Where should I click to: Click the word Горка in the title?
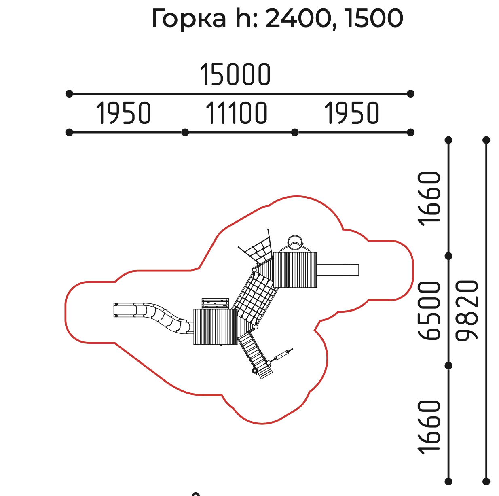pos(189,19)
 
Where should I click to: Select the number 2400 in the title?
pos(298,18)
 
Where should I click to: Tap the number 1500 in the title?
pos(375,18)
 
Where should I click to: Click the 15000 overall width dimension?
pos(235,74)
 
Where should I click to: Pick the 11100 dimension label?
pos(236,113)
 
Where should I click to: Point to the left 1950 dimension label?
pos(123,113)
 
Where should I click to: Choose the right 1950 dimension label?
pos(352,113)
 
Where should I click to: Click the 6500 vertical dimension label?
pos(429,310)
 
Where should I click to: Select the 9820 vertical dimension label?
pos(467,310)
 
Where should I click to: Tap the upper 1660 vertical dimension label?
pos(429,199)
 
